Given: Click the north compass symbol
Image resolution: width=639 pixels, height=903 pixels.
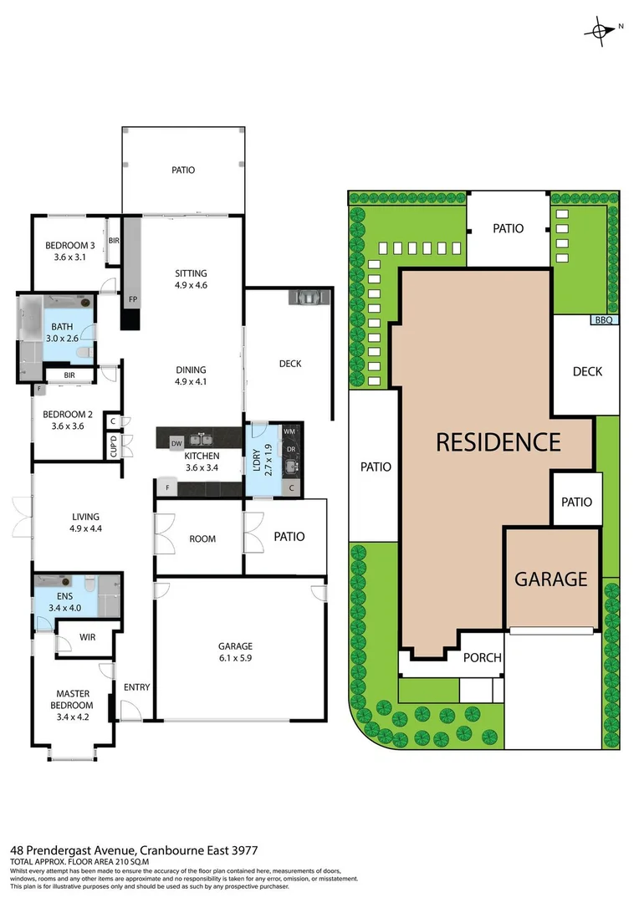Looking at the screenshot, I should (600, 30).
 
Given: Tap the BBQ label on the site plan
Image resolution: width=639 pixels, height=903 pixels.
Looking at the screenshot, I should (605, 320).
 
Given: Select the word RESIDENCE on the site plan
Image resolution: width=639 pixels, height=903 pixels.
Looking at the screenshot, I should (498, 441).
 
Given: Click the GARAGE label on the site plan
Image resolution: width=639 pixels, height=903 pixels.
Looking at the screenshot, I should (550, 579).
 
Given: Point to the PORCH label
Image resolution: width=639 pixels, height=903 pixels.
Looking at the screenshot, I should (483, 658).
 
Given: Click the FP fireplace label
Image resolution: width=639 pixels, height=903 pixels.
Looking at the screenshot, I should (132, 298).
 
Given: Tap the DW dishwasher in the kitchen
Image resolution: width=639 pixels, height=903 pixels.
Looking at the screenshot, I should (176, 442).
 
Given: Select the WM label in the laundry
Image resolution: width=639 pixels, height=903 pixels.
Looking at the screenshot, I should (289, 431).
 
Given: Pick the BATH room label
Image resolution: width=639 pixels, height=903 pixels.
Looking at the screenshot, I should (62, 327).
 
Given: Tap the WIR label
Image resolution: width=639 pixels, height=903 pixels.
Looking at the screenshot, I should (88, 637).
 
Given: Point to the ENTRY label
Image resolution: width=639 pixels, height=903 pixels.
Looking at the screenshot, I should (136, 687).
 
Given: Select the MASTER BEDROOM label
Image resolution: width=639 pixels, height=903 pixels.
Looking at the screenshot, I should (73, 699).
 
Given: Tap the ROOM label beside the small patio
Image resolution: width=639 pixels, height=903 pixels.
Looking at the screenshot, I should (202, 539).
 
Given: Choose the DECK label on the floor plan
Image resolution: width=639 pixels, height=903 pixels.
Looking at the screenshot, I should (289, 364).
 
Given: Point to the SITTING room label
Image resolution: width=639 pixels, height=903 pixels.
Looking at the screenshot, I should (191, 273).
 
